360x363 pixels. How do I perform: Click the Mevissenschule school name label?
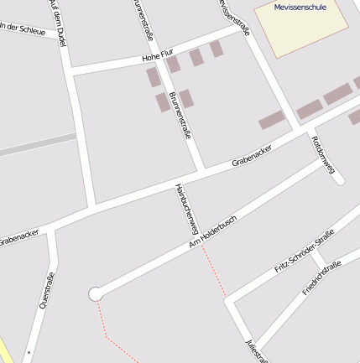(x=300, y=8)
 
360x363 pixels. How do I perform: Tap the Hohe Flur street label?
(x=157, y=58)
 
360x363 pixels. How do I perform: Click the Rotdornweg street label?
(x=323, y=154)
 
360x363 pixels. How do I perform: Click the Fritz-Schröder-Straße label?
(x=304, y=251)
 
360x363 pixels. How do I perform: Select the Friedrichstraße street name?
(x=321, y=277)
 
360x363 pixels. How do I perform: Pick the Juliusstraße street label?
(x=254, y=350)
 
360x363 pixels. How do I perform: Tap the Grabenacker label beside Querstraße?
(x=18, y=237)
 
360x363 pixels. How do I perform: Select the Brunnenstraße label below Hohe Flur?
(x=180, y=117)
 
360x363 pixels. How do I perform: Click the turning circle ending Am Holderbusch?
(x=96, y=293)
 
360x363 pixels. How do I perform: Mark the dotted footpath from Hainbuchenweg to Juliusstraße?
(x=213, y=270)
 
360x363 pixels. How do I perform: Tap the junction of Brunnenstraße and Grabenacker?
(x=201, y=170)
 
